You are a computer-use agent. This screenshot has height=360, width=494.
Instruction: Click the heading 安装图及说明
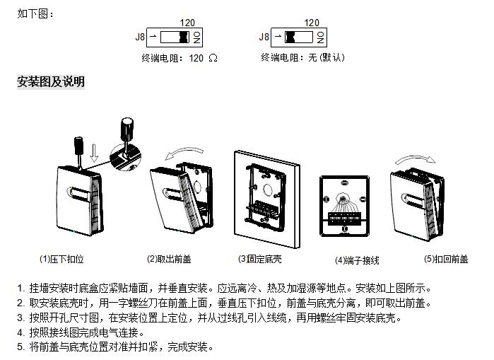click(51, 82)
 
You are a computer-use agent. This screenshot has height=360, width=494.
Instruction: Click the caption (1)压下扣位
click(61, 260)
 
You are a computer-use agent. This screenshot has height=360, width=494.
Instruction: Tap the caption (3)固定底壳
click(259, 260)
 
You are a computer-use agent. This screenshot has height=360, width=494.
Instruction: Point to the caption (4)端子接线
click(357, 260)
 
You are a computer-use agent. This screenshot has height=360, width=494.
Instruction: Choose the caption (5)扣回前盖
click(445, 260)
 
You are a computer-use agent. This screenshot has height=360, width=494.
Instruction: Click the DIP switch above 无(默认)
click(300, 37)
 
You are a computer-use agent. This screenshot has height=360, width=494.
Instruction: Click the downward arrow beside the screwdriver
click(95, 151)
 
